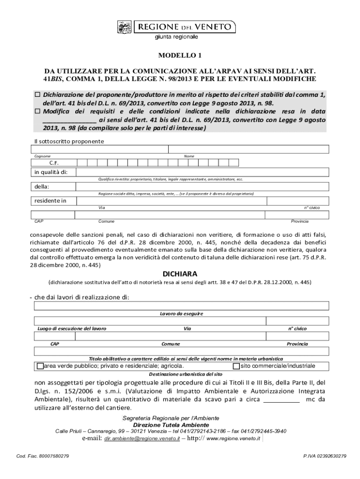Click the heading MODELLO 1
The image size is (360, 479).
click(x=180, y=56)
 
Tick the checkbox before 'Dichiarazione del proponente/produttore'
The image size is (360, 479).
click(x=38, y=94)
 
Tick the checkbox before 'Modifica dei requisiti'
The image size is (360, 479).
click(x=38, y=111)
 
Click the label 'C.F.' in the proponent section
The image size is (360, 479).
click(x=54, y=163)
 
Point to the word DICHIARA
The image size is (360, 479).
click(x=180, y=273)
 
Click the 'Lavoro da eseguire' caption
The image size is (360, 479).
click(x=180, y=313)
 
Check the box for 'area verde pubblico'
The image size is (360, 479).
click(x=40, y=366)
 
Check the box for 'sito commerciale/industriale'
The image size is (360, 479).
click(x=236, y=366)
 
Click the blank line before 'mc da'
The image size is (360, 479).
click(x=281, y=399)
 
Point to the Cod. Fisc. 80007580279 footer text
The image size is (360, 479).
click(x=43, y=456)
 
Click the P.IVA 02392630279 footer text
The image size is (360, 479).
click(x=325, y=456)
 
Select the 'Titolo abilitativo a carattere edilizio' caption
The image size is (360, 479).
click(x=180, y=358)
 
